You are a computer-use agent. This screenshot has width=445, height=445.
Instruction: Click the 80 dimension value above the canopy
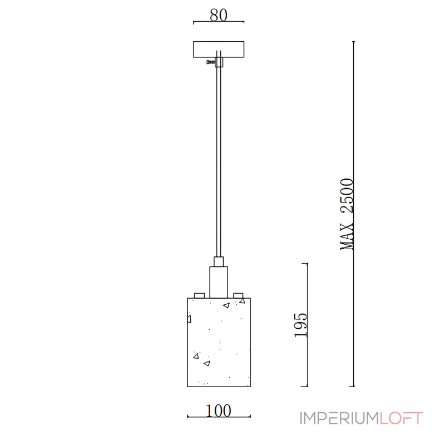pyautogui.click(x=219, y=15)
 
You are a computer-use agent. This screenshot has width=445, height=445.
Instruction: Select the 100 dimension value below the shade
pyautogui.click(x=218, y=411)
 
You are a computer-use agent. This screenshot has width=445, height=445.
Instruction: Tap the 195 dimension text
pyautogui.click(x=301, y=324)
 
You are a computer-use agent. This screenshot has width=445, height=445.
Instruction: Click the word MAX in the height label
pyautogui.click(x=347, y=236)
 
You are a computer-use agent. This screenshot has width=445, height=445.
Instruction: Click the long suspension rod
pyautogui.click(x=219, y=161)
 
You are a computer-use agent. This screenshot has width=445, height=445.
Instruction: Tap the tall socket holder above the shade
pyautogui.click(x=219, y=281)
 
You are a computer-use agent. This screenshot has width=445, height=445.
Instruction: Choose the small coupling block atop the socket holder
pyautogui.click(x=219, y=261)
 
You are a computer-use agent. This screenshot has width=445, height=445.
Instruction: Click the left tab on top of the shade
pyautogui.click(x=199, y=294)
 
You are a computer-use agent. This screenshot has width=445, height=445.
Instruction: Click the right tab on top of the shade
pyautogui.click(x=239, y=294)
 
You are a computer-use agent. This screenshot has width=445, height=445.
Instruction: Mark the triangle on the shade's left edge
pyautogui.click(x=189, y=319)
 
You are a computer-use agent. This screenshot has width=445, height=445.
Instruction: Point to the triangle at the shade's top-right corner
pyautogui.click(x=241, y=301)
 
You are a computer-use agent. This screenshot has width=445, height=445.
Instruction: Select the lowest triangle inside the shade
pyautogui.click(x=207, y=363)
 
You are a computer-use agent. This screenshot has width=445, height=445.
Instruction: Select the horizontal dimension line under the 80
pyautogui.click(x=219, y=23)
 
